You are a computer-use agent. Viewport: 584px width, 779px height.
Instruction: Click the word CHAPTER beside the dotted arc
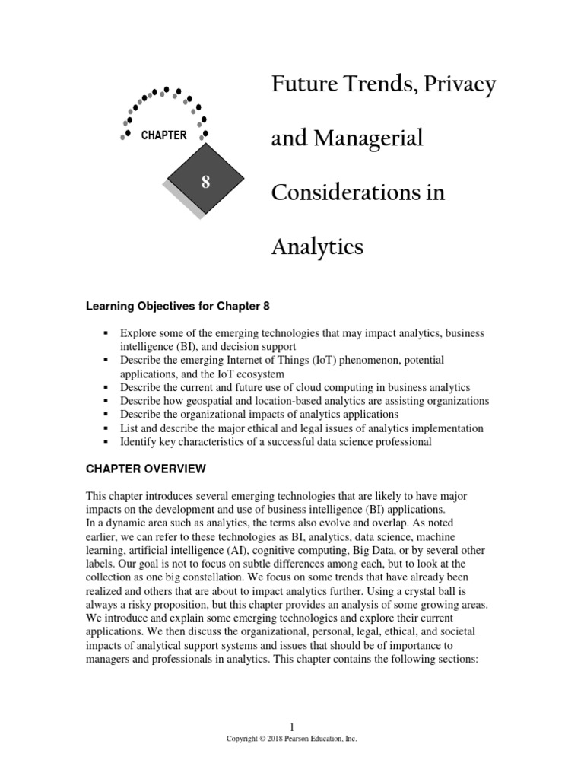pos(163,135)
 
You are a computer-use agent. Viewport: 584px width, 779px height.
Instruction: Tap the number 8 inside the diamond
pos(205,182)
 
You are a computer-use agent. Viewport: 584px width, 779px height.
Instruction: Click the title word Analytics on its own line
pos(317,246)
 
